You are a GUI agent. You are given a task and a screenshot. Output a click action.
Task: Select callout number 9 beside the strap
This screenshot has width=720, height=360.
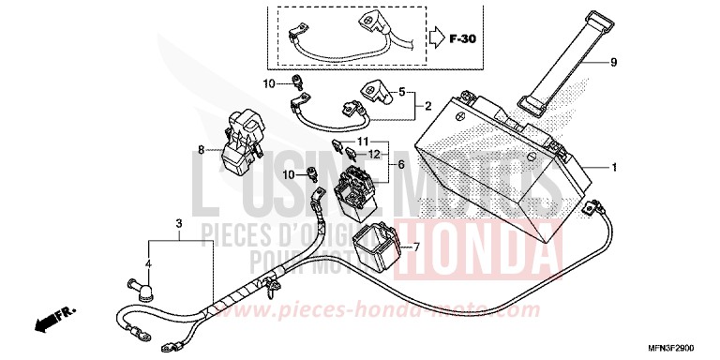pyautogui.click(x=613, y=63)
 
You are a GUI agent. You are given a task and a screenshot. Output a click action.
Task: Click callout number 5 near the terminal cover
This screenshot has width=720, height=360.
pyautogui.click(x=403, y=93)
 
